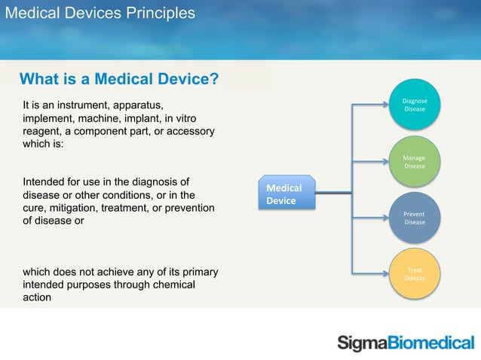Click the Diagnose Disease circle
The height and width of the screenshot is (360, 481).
tap(414, 105)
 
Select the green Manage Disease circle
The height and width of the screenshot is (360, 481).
tap(414, 162)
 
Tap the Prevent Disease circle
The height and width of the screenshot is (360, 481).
tap(414, 218)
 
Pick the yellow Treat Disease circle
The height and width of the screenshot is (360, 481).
tap(414, 273)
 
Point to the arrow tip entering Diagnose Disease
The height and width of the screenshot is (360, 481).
tap(387, 105)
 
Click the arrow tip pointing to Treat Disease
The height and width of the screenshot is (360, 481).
tap(387, 273)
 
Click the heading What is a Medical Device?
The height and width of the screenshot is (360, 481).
tap(119, 79)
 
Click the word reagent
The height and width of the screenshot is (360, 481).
tap(44, 131)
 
